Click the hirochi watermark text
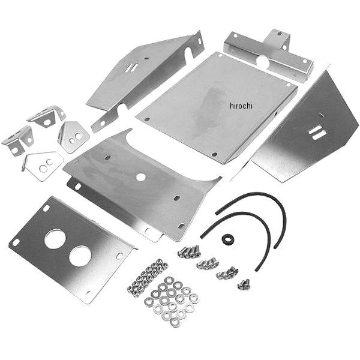pos(241,106)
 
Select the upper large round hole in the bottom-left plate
pos(55,239)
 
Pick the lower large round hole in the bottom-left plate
pos(80,256)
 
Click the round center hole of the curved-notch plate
pos(140,177)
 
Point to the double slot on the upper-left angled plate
pos(131,67)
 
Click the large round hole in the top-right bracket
pos(262,62)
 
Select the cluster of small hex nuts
pos(147,277)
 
